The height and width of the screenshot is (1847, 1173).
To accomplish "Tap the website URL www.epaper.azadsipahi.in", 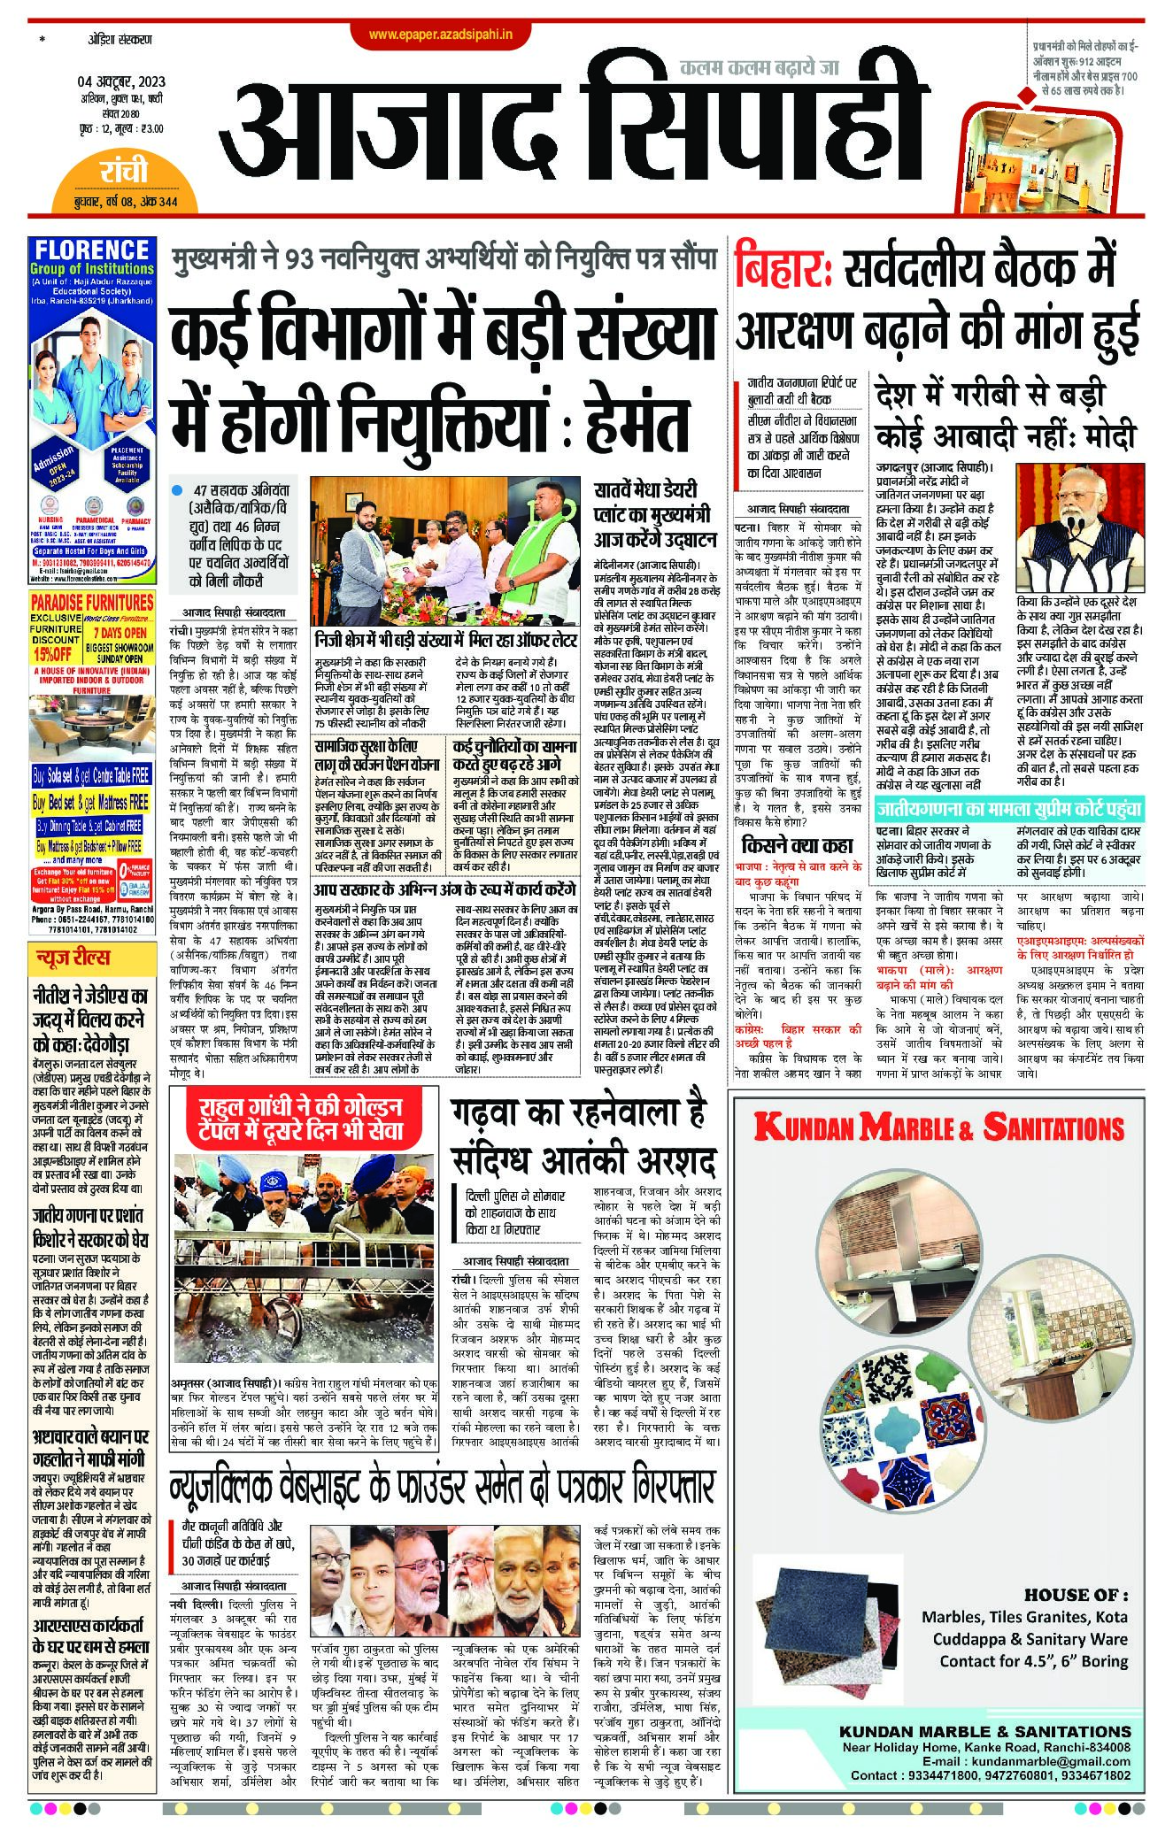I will point(448,35).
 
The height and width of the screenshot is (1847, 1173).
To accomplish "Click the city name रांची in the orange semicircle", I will point(124,171).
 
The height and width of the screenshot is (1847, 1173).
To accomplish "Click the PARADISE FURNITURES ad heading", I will point(92,602).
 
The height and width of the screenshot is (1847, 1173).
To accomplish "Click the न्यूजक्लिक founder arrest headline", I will point(443,1489).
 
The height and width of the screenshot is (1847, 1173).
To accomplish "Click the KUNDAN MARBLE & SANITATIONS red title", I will point(938,1127).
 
